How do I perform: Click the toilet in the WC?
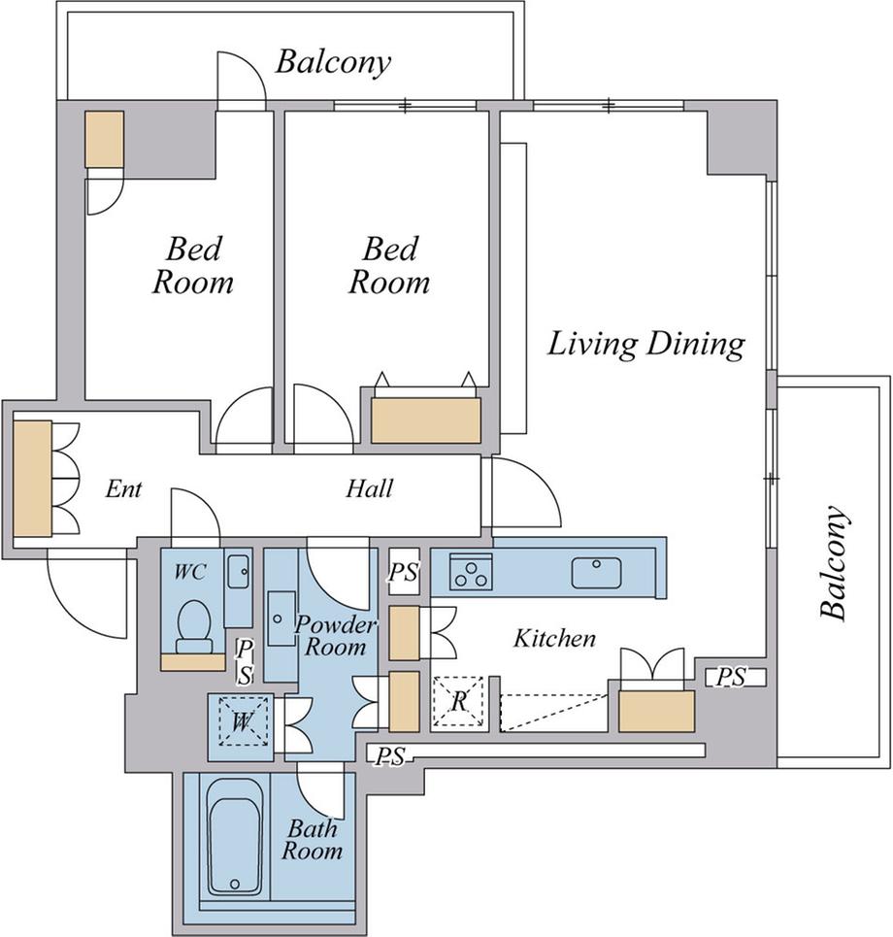(194, 625)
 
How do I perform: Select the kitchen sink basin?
(596, 573)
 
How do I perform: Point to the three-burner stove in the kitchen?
(471, 572)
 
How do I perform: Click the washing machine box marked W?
(242, 721)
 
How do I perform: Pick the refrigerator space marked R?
(458, 702)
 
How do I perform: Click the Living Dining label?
(646, 346)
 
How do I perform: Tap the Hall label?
(370, 488)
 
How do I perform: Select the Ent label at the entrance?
(123, 488)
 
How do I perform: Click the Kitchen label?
(555, 638)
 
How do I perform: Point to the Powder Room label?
(336, 636)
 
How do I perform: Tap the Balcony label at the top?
(333, 63)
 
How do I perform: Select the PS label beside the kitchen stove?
(403, 573)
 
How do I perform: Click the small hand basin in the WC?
(239, 572)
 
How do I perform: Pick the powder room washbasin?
(281, 619)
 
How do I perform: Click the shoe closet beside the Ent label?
(32, 478)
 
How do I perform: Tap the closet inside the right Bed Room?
(426, 420)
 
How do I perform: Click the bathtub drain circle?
(234, 884)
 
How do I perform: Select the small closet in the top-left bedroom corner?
(105, 139)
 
